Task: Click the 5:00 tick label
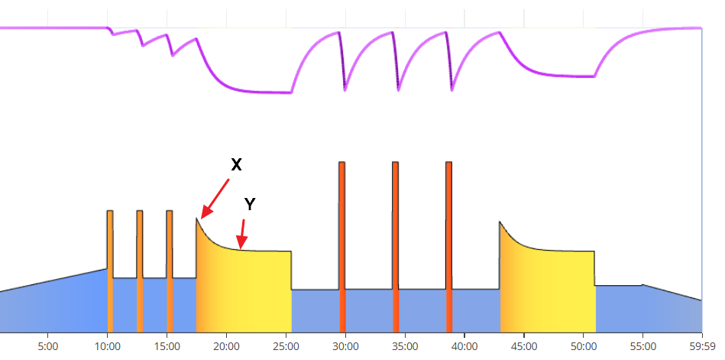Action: [x=47, y=345]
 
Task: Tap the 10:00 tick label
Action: [x=107, y=345]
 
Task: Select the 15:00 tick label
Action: [x=167, y=345]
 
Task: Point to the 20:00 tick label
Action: [x=226, y=345]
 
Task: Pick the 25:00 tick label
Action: [x=286, y=345]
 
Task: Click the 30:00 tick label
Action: [x=345, y=345]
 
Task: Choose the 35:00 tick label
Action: [x=405, y=345]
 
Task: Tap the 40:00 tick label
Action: [x=464, y=345]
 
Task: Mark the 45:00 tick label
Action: [x=524, y=345]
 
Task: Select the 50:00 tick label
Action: [x=584, y=345]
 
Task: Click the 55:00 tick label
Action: [x=643, y=345]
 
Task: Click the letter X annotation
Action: [x=236, y=164]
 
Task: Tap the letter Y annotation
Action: [x=250, y=203]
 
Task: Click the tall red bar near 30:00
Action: [x=342, y=245]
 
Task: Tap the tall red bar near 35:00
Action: [x=396, y=245]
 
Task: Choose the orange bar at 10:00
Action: [x=110, y=268]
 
